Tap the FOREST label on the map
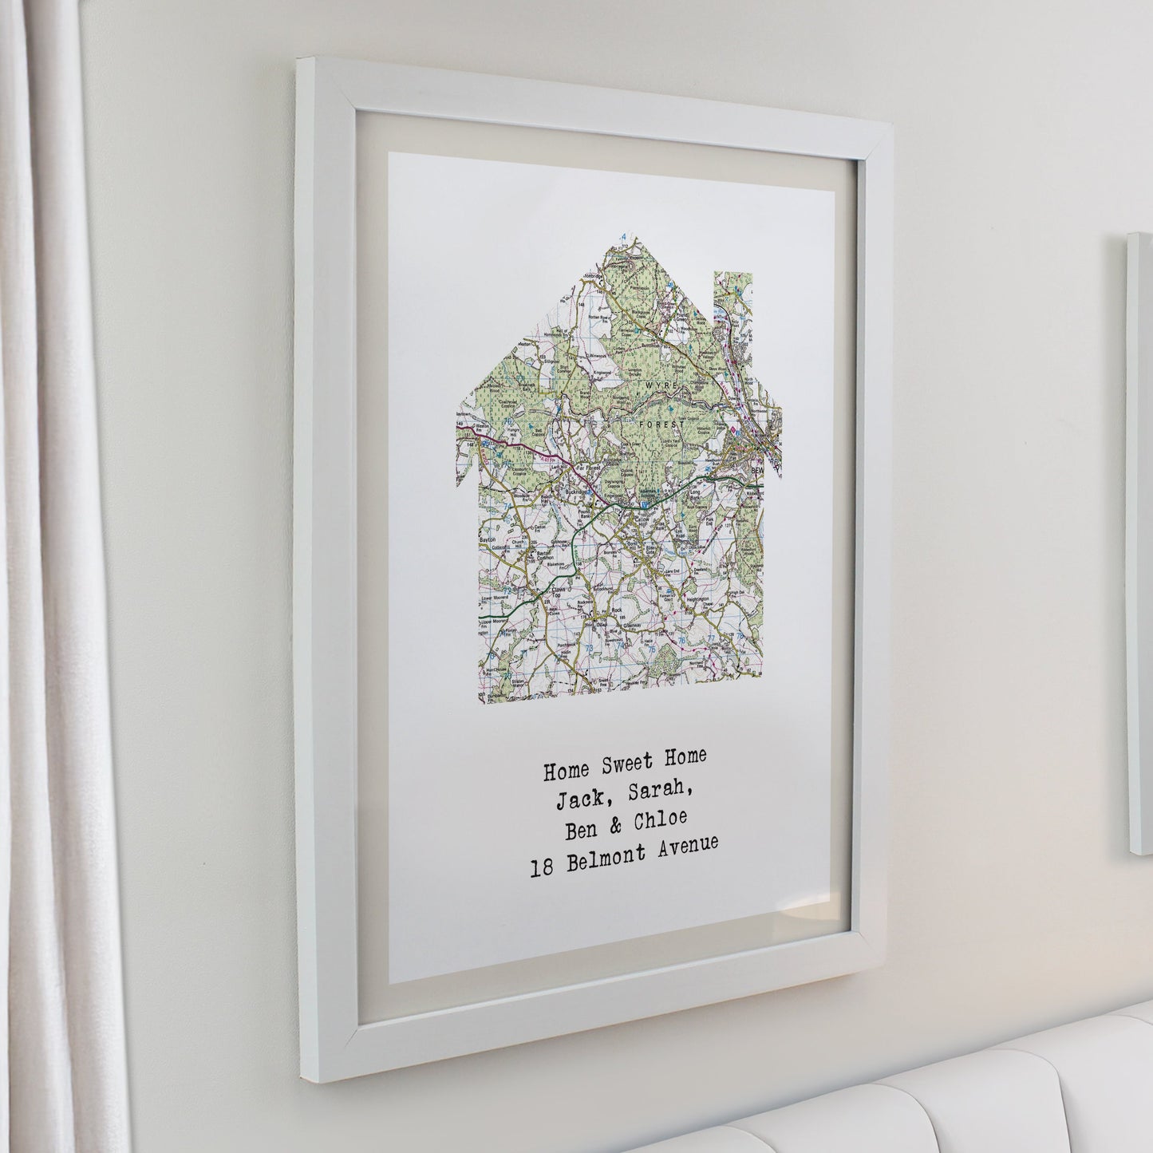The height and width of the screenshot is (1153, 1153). pos(657,424)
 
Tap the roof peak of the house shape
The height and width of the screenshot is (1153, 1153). pos(613,239)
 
